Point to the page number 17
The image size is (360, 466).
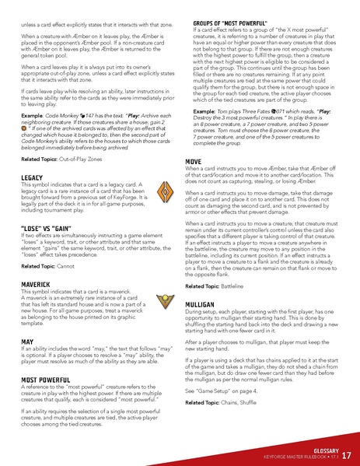tap(346, 455)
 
